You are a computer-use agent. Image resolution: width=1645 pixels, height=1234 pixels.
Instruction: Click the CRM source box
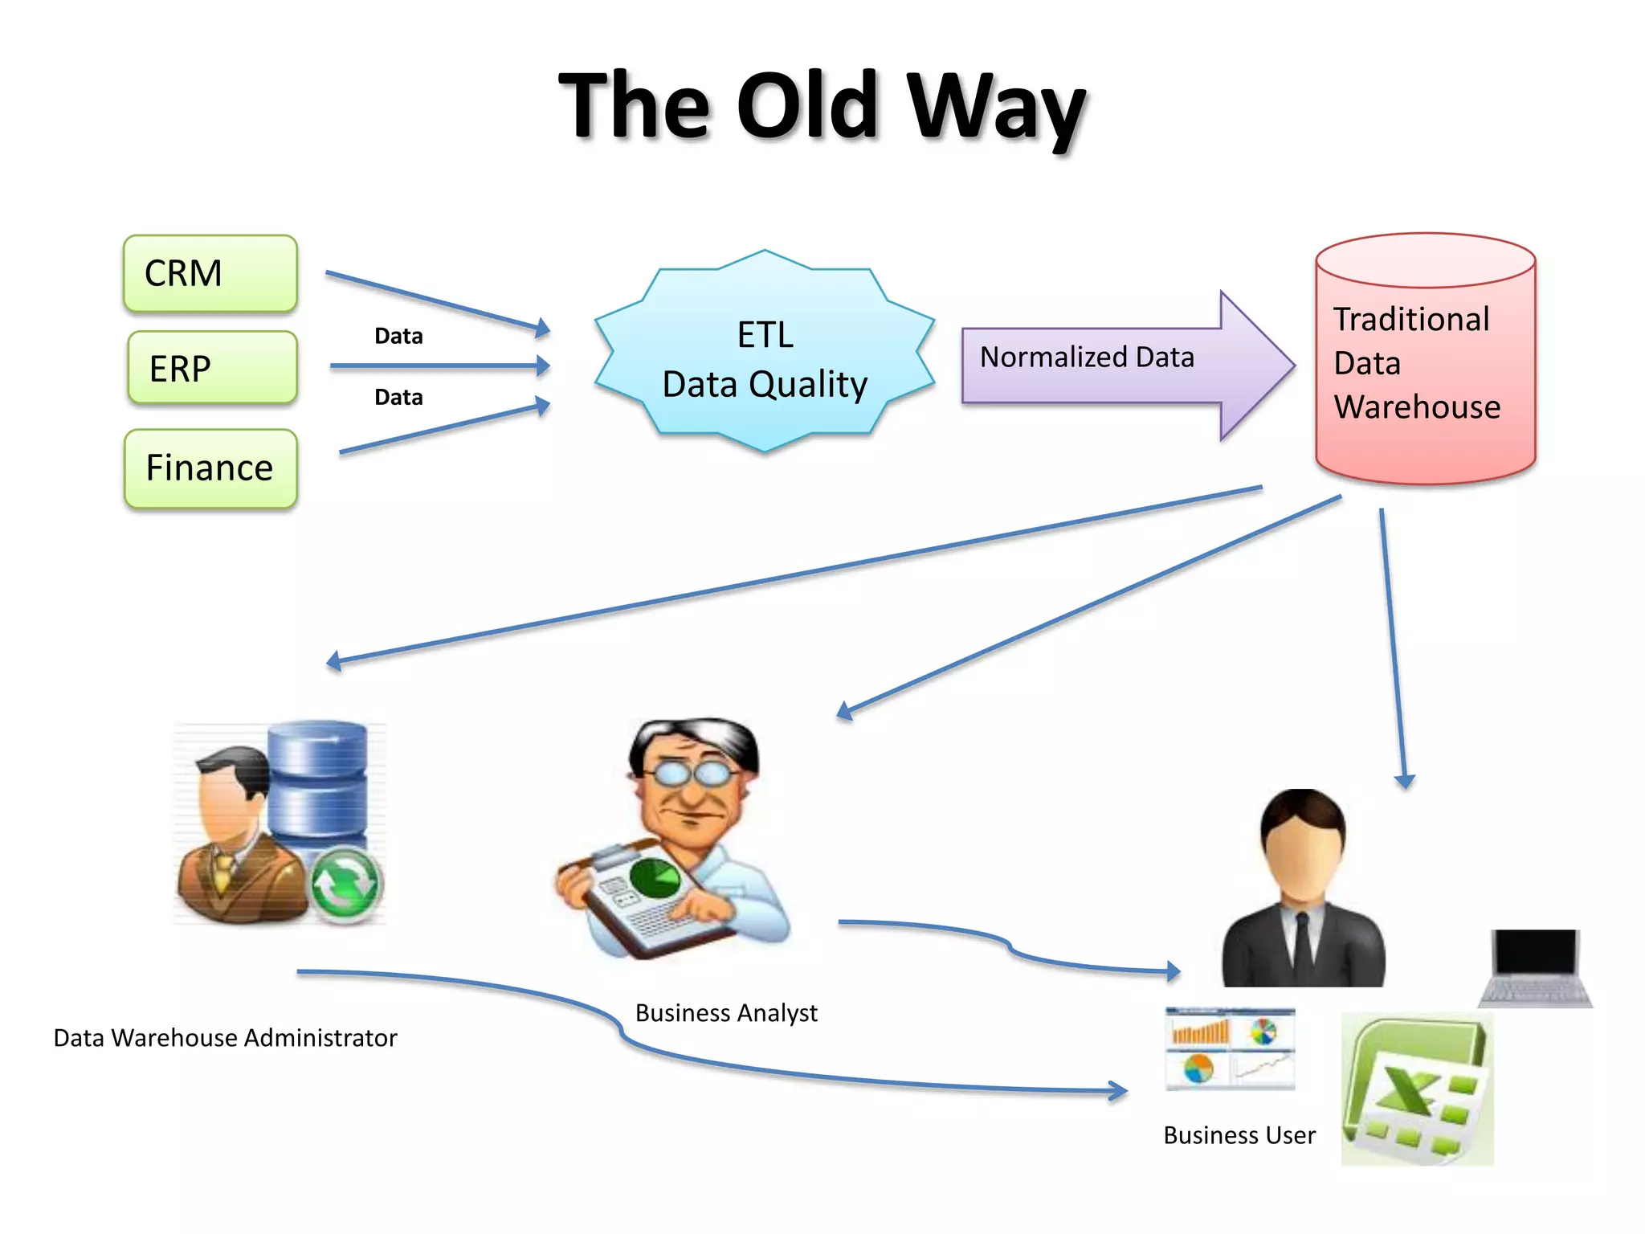point(210,273)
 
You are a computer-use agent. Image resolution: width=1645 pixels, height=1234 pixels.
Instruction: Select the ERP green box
point(212,368)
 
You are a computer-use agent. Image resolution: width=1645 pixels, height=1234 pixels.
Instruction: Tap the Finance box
point(210,468)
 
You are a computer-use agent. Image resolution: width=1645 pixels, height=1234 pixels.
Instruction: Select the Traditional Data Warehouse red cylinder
point(1424,362)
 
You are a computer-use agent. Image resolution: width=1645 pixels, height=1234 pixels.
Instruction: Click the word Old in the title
point(806,106)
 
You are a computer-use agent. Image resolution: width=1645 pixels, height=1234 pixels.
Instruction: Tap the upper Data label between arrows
point(398,336)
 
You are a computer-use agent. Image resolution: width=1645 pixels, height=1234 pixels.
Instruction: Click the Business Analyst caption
point(725,1013)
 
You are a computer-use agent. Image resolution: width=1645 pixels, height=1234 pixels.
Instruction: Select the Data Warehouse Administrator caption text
point(225,1038)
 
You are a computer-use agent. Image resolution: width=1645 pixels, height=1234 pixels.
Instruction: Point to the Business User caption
point(1239,1135)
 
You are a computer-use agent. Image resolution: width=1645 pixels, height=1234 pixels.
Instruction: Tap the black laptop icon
point(1535,967)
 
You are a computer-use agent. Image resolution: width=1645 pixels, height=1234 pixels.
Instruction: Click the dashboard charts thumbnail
point(1230,1048)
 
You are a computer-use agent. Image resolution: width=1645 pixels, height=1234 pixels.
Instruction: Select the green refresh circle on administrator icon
point(345,885)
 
